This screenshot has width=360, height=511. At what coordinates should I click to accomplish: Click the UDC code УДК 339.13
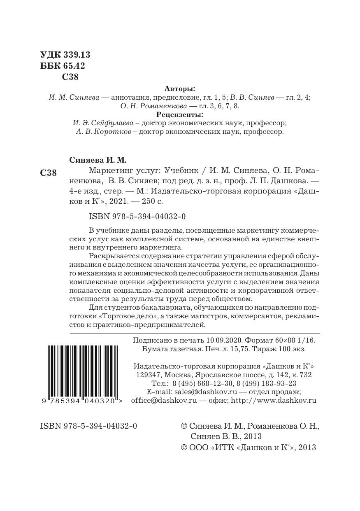click(x=65, y=55)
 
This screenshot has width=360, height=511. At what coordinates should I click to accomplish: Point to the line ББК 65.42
click(x=63, y=66)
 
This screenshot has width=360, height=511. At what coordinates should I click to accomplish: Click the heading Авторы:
click(x=180, y=89)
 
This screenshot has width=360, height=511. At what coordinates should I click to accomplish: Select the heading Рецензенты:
click(x=180, y=114)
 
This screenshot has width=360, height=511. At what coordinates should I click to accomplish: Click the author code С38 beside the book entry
click(x=49, y=173)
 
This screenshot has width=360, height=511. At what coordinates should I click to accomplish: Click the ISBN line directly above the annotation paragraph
click(x=137, y=217)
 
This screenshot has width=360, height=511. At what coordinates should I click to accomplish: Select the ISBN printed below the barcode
click(x=88, y=426)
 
